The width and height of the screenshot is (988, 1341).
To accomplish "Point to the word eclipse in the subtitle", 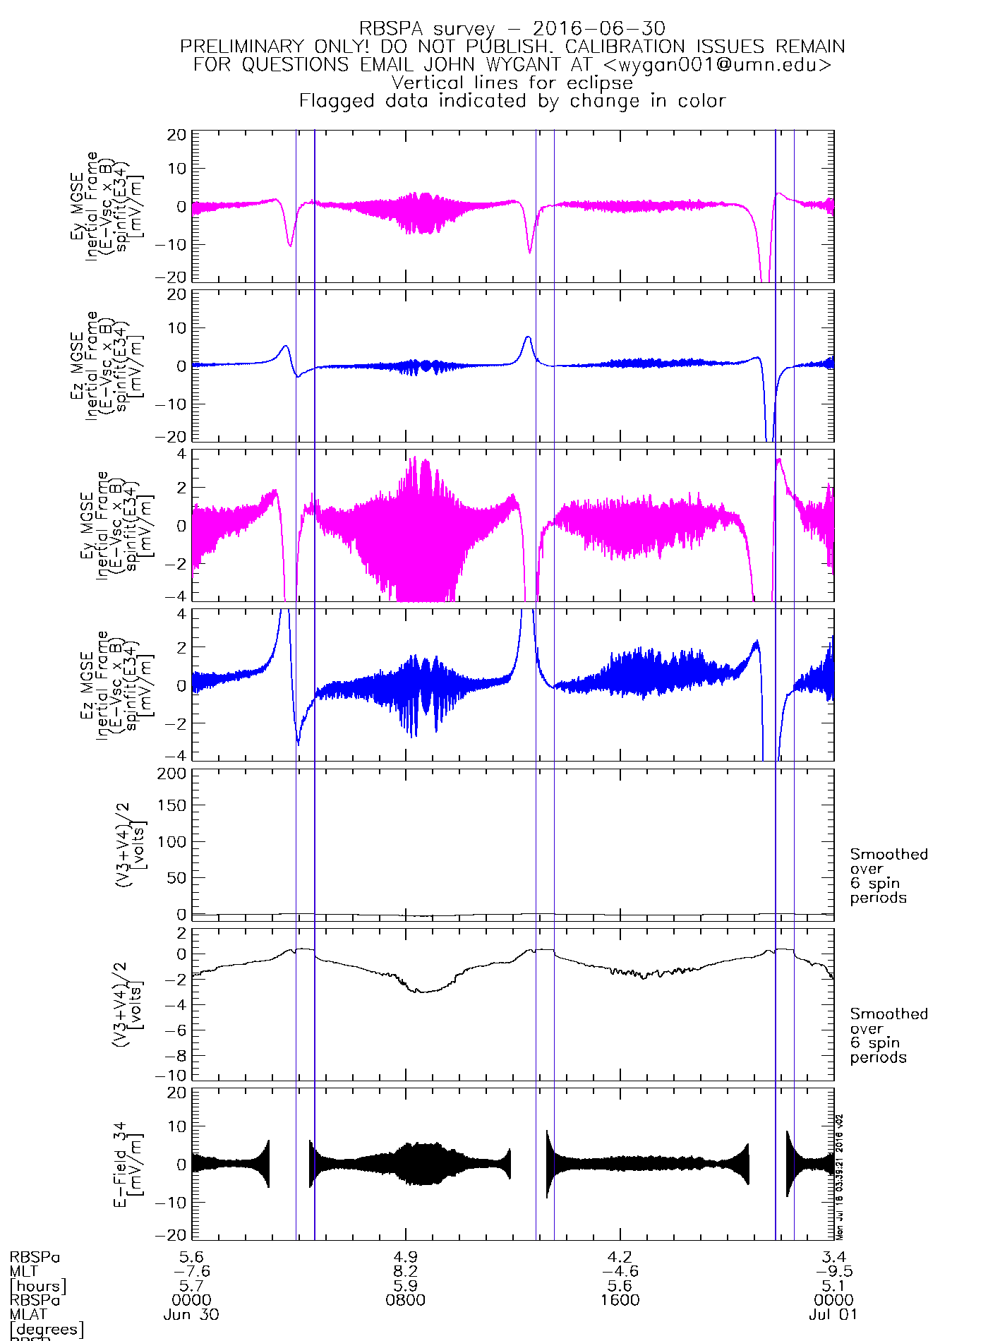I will tap(600, 83).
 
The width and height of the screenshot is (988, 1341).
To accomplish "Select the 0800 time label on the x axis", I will tap(406, 1300).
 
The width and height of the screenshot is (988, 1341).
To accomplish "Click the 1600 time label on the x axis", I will tap(620, 1300).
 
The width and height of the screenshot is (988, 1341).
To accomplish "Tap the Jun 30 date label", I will tap(191, 1315).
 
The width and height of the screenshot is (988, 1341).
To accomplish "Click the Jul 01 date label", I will tap(833, 1315).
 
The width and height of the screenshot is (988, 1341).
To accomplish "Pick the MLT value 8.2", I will tap(406, 1271).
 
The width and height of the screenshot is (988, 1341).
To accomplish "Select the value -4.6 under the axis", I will tap(620, 1271).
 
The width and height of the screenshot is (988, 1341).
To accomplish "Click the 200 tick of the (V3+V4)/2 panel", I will tap(172, 774).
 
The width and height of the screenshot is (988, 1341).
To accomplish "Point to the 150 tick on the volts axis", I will tap(172, 805).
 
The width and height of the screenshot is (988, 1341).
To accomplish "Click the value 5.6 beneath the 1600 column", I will tap(620, 1286).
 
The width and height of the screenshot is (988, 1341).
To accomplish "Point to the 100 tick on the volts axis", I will tap(172, 841).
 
